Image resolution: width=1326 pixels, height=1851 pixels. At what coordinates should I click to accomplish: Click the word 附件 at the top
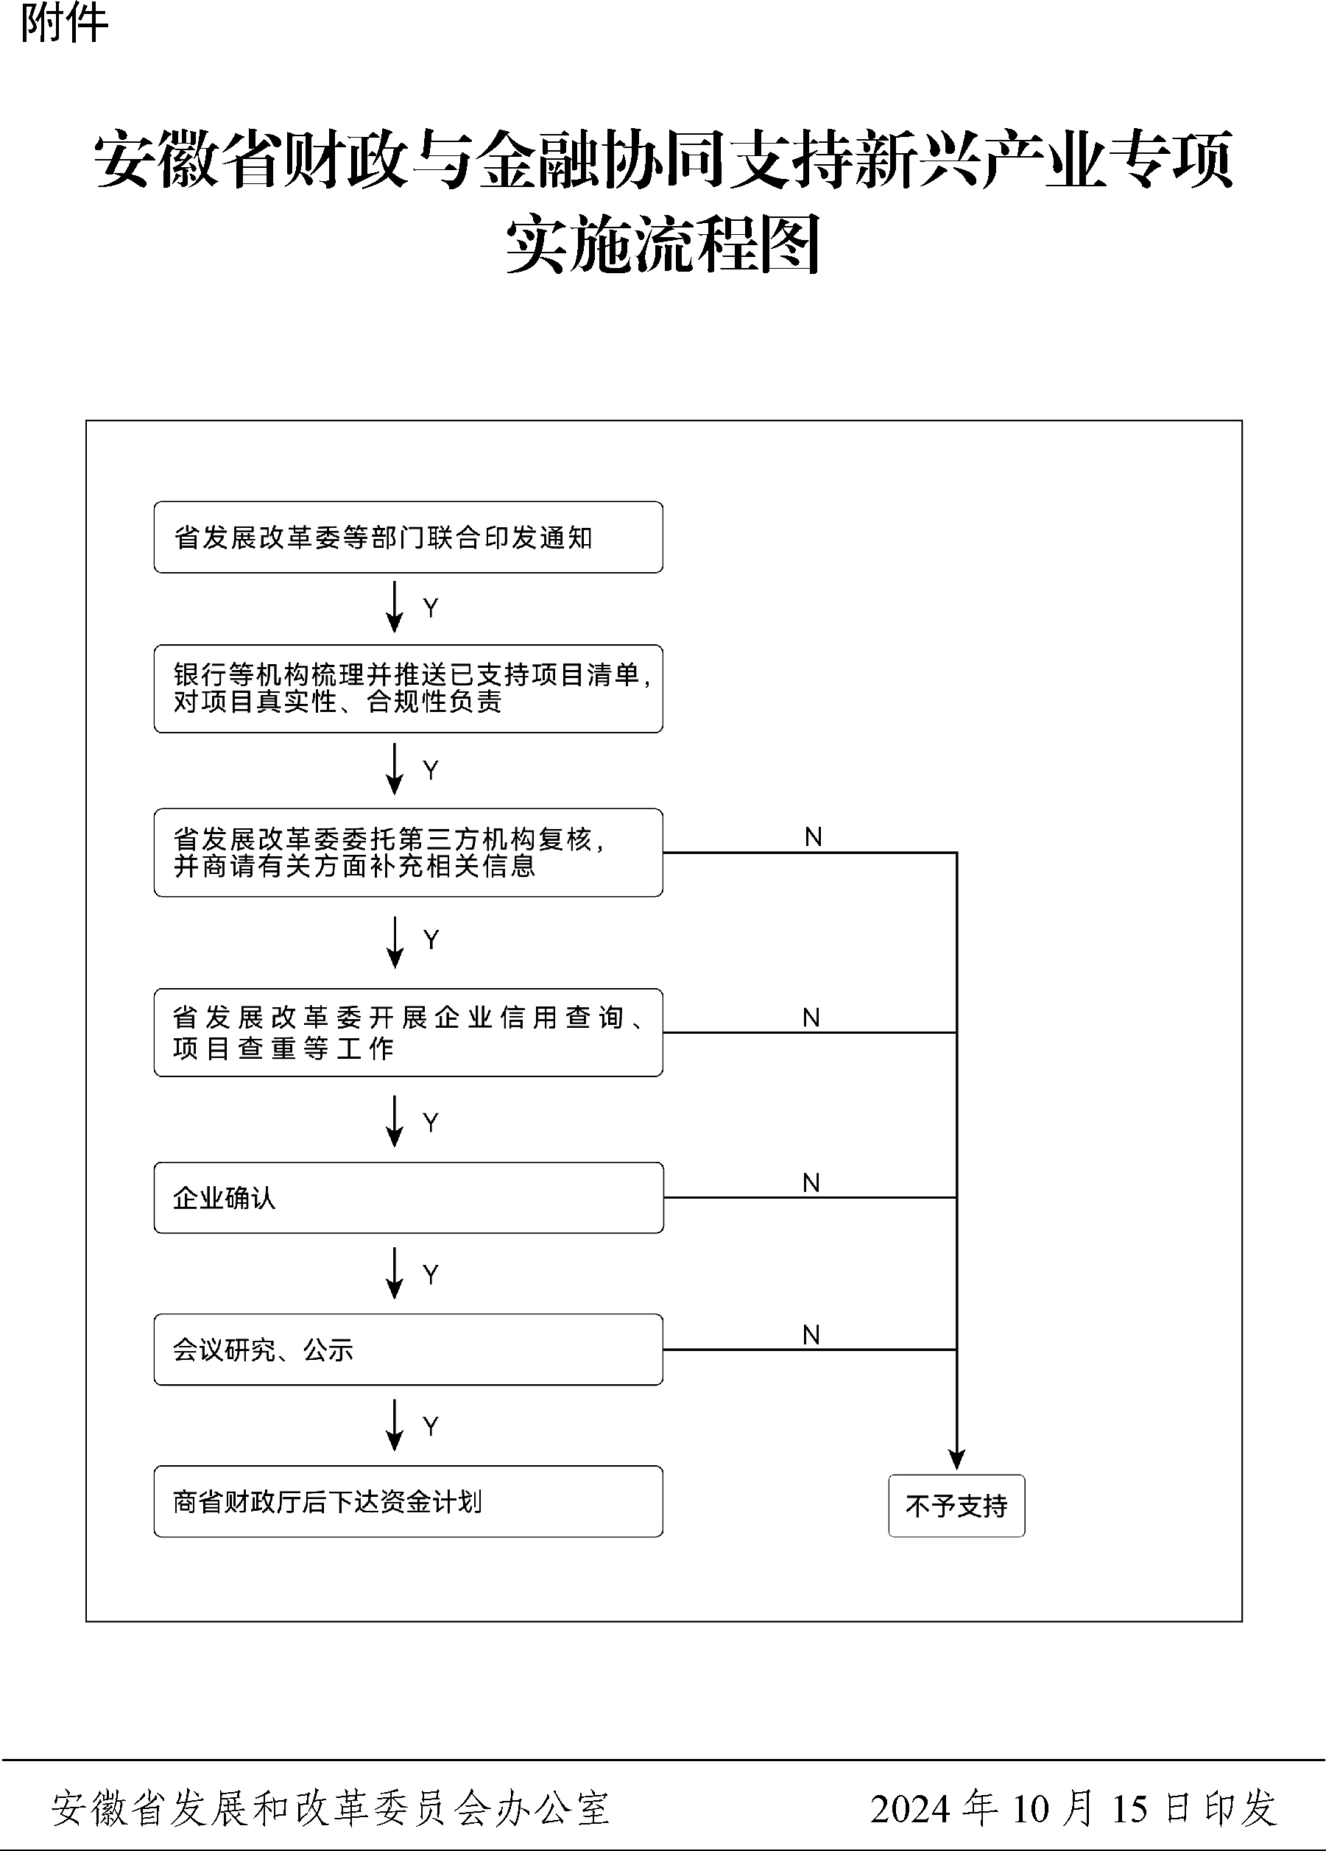(x=63, y=23)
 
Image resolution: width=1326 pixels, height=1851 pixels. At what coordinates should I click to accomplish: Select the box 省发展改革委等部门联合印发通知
(x=408, y=537)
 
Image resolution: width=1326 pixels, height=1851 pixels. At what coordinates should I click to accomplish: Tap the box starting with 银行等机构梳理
(x=408, y=688)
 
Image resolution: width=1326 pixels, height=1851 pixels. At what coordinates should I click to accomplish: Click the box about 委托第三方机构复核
(x=408, y=852)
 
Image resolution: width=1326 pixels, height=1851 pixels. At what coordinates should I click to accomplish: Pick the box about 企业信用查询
(x=408, y=1032)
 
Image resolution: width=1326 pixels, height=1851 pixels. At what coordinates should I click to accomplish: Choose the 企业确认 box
(x=408, y=1197)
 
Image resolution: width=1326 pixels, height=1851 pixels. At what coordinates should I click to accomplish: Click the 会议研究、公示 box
(x=408, y=1349)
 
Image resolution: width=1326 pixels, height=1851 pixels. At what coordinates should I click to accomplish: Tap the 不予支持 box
(x=956, y=1505)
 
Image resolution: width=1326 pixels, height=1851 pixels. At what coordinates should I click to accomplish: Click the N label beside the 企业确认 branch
(x=811, y=1182)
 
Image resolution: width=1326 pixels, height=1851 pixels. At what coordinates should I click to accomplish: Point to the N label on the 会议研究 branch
(x=811, y=1334)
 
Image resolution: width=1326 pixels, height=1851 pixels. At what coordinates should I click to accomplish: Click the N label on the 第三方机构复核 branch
(x=814, y=836)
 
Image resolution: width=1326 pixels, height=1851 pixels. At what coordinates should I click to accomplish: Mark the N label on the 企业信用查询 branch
(x=811, y=1018)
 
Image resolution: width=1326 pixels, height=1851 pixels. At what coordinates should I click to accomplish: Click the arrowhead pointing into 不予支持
(x=956, y=1460)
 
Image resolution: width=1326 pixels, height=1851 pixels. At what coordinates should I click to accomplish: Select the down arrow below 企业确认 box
(x=395, y=1272)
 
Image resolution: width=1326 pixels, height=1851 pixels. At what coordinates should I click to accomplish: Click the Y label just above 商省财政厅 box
(x=431, y=1425)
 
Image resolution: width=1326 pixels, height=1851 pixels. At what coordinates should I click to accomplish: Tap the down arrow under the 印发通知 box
(x=395, y=607)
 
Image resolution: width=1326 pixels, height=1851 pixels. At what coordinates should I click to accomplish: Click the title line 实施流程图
(x=663, y=244)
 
